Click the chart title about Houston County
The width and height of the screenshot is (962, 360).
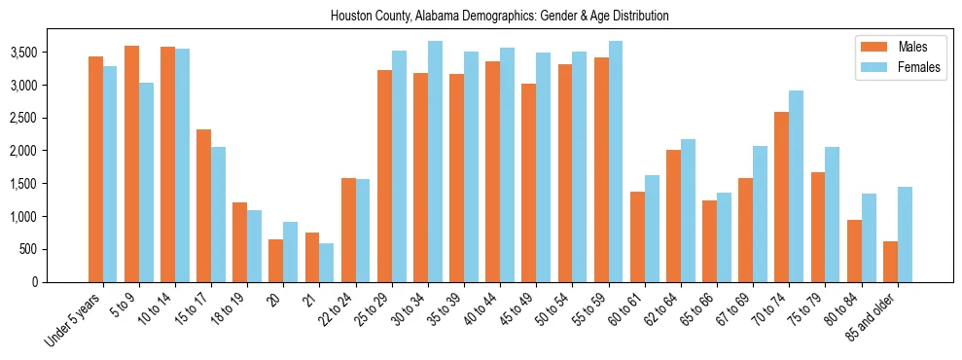500,17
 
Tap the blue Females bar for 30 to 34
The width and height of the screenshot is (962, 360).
435,162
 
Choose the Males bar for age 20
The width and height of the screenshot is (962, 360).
276,261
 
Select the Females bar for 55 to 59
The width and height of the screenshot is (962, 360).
616,162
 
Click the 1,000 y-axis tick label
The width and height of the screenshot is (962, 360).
53,217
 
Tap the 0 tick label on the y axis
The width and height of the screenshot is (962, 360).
62,282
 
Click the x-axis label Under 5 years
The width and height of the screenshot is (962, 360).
73,317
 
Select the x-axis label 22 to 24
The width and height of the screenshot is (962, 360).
339,307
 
